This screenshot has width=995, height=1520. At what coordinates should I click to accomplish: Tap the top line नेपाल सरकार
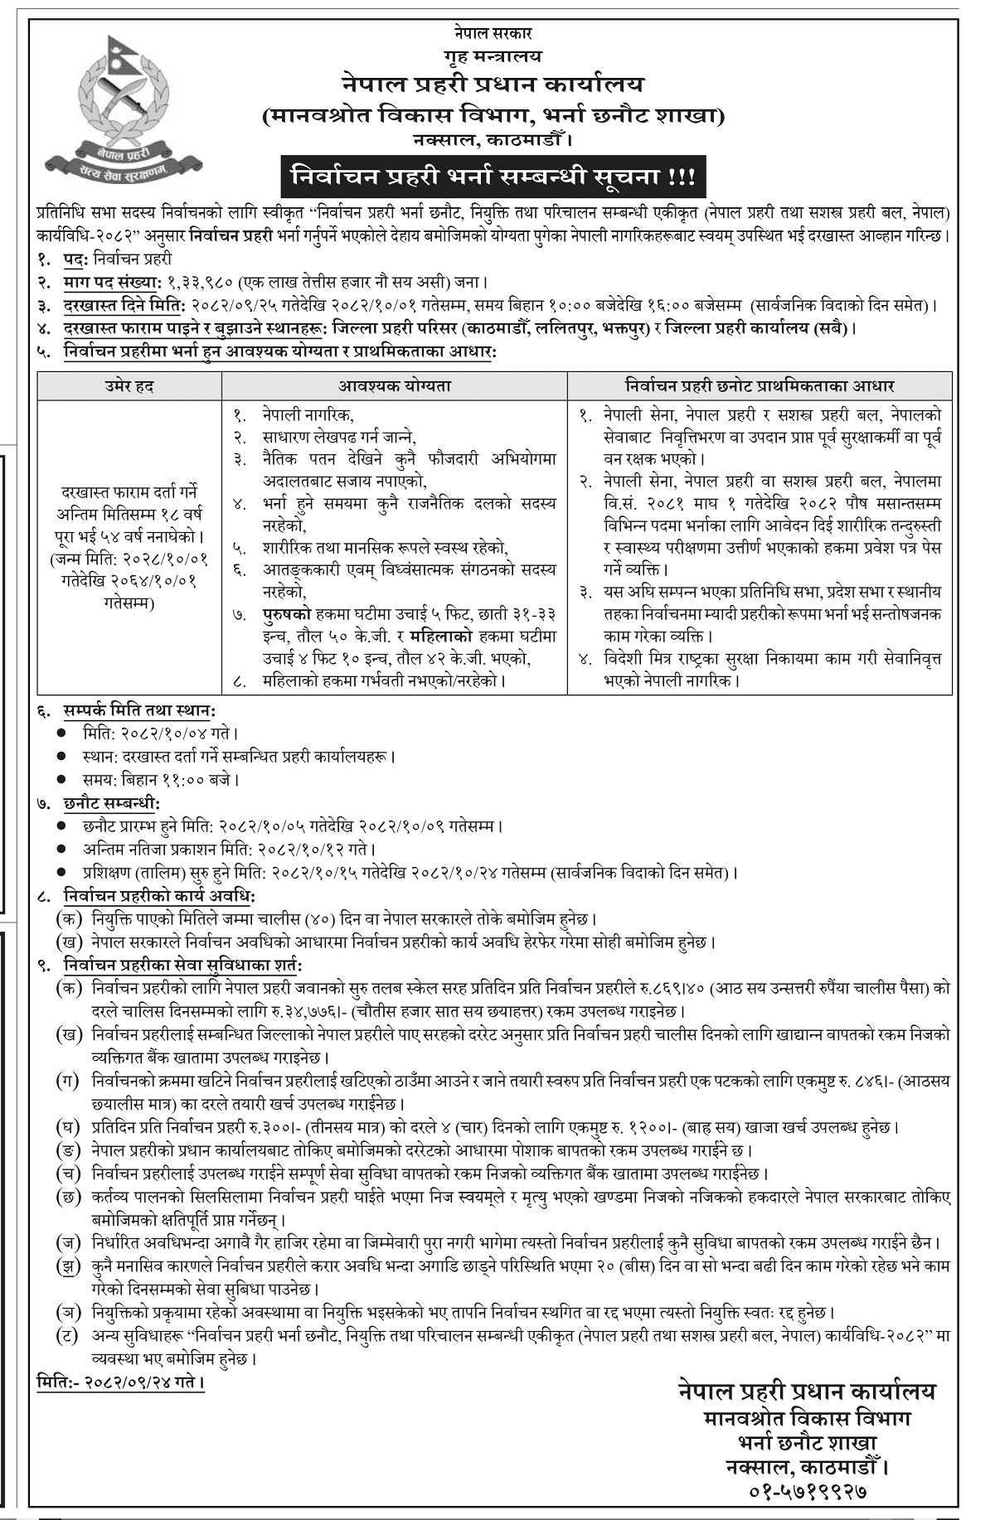pyautogui.click(x=493, y=34)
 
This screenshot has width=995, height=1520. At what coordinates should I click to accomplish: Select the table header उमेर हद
pyautogui.click(x=129, y=386)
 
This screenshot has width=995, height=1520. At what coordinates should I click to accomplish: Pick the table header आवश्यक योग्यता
pyautogui.click(x=394, y=386)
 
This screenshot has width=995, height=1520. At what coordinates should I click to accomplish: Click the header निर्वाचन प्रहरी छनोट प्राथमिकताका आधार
pyautogui.click(x=760, y=386)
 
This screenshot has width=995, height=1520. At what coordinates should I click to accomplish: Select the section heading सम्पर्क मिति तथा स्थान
pyautogui.click(x=139, y=710)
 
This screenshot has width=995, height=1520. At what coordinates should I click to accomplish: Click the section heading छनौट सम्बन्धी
pyautogui.click(x=111, y=803)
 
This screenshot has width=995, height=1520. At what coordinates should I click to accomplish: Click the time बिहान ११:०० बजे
pyautogui.click(x=182, y=780)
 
